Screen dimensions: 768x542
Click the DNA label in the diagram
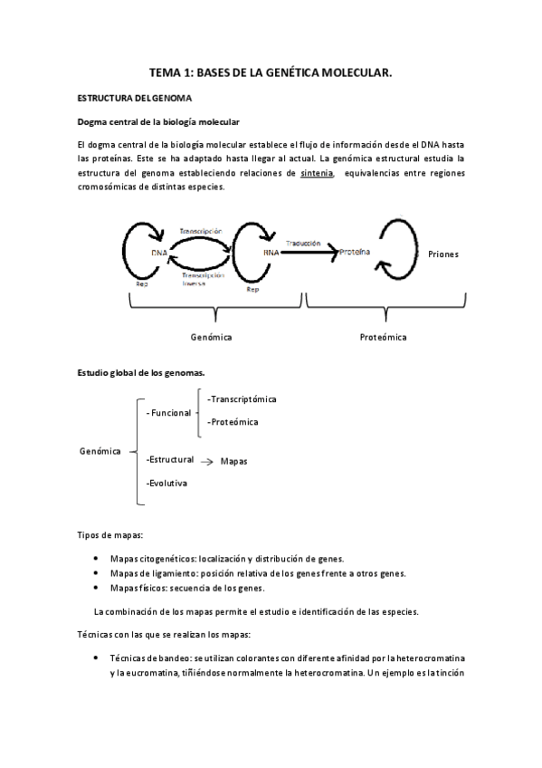coord(158,253)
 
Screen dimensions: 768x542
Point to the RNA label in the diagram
coord(271,254)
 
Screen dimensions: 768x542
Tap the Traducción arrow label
coord(303,244)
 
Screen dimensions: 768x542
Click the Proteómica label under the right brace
coord(383,337)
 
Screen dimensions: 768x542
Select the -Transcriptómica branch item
coord(242,398)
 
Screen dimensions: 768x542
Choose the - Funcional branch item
coord(169,412)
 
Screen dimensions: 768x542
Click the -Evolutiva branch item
coord(166,484)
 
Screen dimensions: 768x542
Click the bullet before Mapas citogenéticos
coord(96,559)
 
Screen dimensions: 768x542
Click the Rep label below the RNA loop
coord(253,292)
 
